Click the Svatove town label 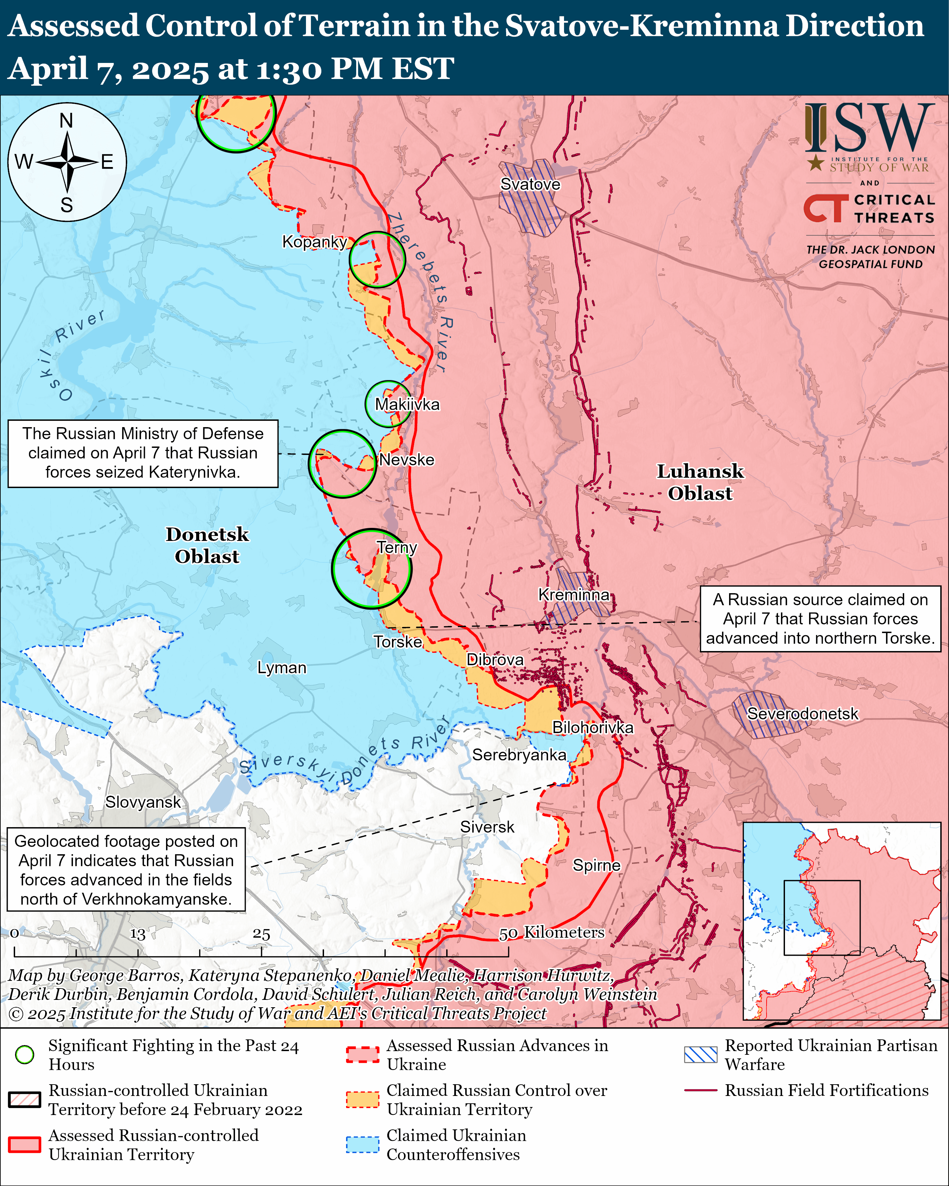pos(530,184)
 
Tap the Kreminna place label pos(574,595)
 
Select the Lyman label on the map pos(282,668)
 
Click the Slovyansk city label pos(143,802)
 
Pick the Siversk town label pos(487,827)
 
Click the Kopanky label pos(314,241)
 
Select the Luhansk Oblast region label pos(700,482)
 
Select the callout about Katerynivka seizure pos(143,453)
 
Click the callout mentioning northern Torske pos(820,619)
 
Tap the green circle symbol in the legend pos(25,1054)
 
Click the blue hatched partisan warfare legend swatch pos(700,1054)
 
